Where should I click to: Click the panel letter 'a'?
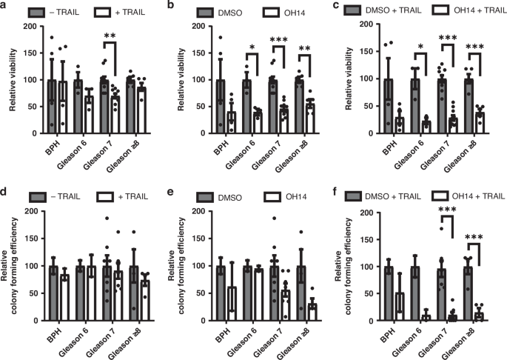point(6,7)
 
